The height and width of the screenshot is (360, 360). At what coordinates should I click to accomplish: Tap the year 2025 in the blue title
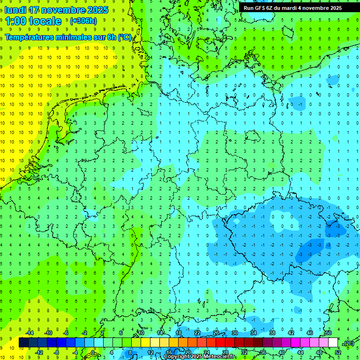(x=97, y=10)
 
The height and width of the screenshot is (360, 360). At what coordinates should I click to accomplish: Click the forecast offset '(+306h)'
(x=83, y=21)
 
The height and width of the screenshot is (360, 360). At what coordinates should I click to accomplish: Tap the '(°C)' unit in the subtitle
(x=124, y=37)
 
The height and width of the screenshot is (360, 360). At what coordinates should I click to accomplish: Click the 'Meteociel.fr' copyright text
(x=216, y=357)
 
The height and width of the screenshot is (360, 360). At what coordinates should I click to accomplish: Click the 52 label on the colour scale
(x=337, y=352)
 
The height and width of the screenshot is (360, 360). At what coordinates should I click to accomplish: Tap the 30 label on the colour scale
(x=234, y=333)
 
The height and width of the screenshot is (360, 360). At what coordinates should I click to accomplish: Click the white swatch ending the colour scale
(x=333, y=343)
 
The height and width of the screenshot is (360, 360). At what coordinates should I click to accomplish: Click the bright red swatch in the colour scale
(x=220, y=343)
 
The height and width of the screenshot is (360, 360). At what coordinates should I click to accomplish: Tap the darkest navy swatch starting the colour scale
(x=24, y=343)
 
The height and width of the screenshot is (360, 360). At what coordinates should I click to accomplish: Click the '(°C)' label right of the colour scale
(x=348, y=344)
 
